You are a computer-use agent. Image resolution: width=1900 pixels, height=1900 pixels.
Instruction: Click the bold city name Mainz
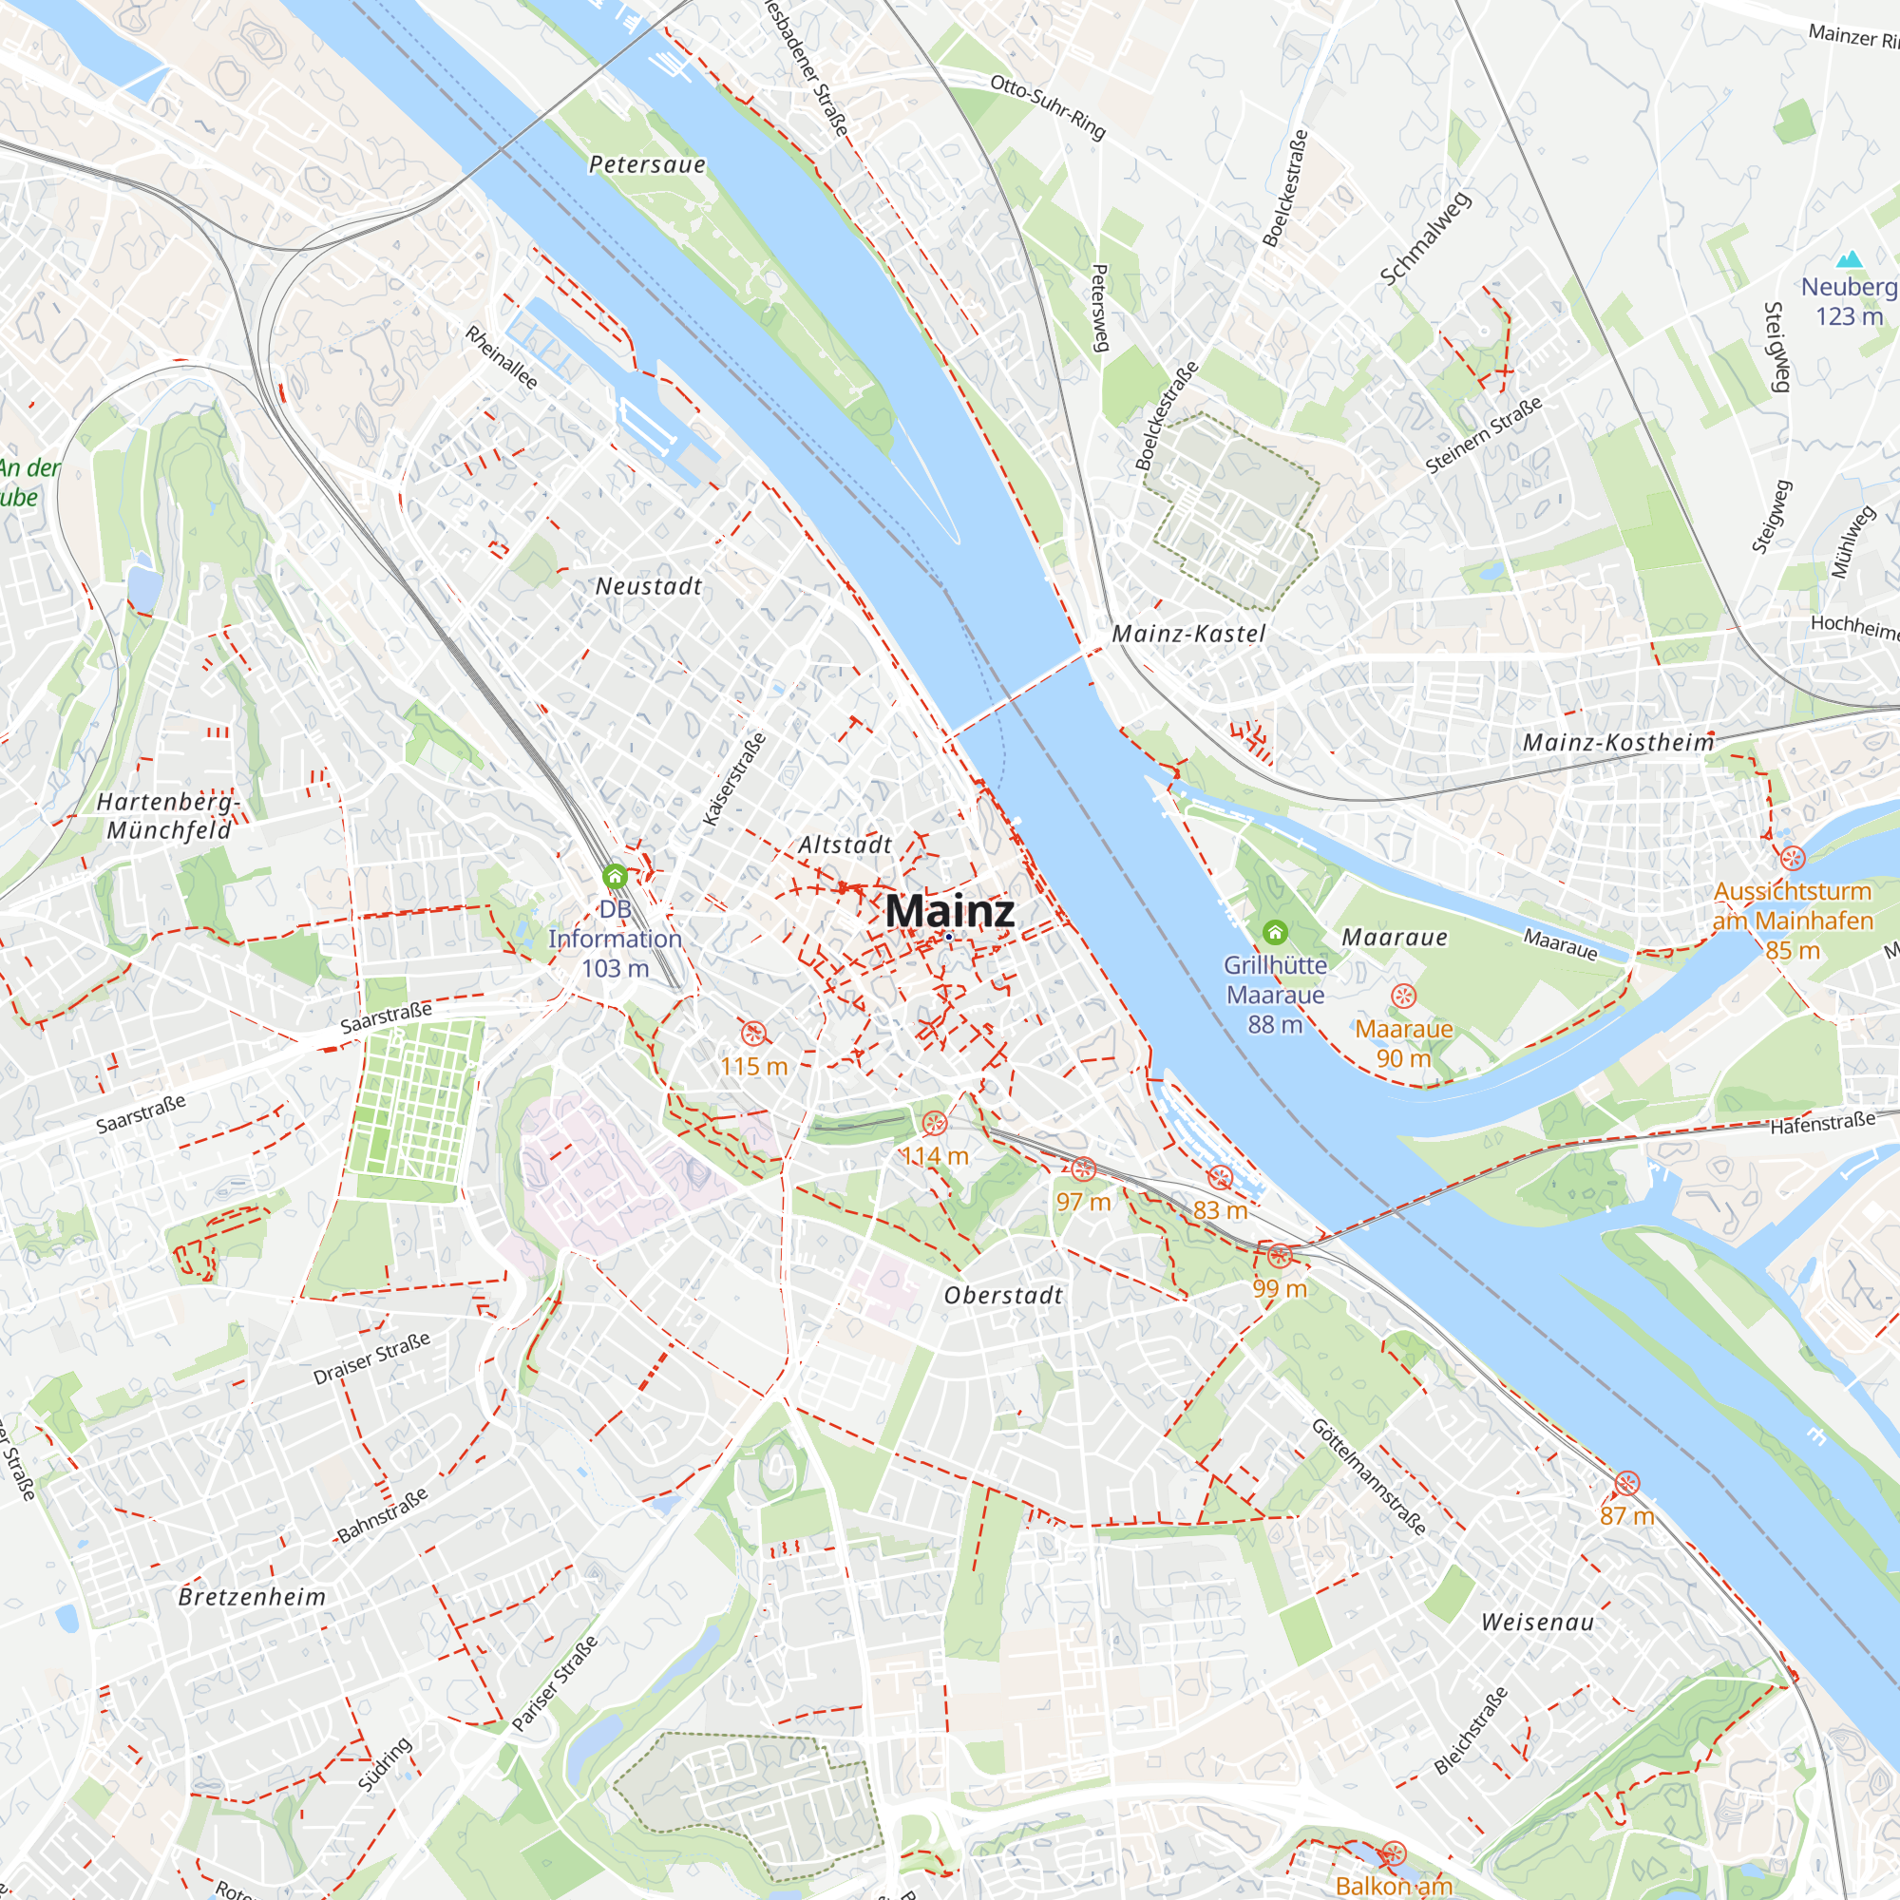coord(949,911)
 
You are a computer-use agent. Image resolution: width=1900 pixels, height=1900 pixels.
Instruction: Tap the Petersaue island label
coord(647,164)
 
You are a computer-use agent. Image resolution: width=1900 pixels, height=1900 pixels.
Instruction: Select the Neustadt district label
coord(649,586)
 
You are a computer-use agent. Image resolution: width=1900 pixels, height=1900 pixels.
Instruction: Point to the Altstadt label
coord(845,845)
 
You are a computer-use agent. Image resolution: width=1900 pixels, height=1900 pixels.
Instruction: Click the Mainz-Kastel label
coord(1189,635)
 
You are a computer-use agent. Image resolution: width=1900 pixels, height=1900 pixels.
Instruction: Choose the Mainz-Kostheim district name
coord(1619,743)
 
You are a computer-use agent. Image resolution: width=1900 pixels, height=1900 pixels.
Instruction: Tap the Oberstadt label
coord(1003,1295)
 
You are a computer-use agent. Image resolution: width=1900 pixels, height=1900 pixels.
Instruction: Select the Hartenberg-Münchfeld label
coord(169,816)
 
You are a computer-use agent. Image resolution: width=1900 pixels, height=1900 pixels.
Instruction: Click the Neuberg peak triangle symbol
coord(1850,259)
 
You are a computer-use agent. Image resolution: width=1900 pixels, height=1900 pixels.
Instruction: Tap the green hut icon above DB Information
coord(615,875)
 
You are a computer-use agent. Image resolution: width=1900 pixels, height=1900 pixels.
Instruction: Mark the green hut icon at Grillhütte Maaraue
coord(1275,931)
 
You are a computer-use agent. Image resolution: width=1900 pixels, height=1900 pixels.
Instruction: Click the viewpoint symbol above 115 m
coord(753,1033)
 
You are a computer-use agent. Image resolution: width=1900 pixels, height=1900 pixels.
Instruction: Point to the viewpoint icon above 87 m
coord(1627,1483)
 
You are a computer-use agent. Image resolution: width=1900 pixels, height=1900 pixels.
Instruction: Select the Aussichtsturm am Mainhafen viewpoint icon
coord(1793,858)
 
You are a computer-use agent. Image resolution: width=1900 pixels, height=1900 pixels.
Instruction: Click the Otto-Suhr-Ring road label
coord(1049,106)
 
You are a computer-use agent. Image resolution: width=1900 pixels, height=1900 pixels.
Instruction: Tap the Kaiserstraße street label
coord(734,780)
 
